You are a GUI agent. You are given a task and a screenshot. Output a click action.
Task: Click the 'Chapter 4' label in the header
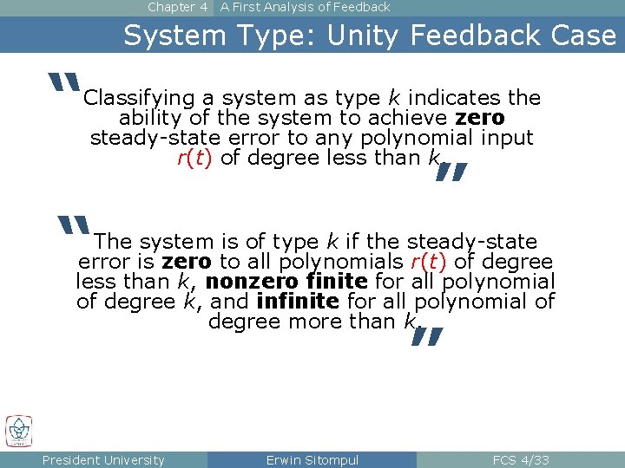click(x=177, y=7)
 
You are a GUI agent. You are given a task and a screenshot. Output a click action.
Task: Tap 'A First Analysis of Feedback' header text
click(x=305, y=7)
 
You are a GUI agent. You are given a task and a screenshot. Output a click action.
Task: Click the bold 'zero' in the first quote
click(x=479, y=118)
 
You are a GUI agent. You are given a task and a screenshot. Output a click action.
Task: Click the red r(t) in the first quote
click(x=194, y=158)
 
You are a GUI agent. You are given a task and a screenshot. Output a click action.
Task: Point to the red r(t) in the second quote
click(x=428, y=262)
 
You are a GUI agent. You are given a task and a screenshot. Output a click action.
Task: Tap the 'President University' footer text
click(x=103, y=460)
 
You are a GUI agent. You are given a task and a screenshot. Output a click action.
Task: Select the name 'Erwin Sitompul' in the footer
click(x=312, y=460)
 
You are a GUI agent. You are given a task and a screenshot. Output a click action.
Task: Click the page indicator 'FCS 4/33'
click(x=521, y=460)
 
